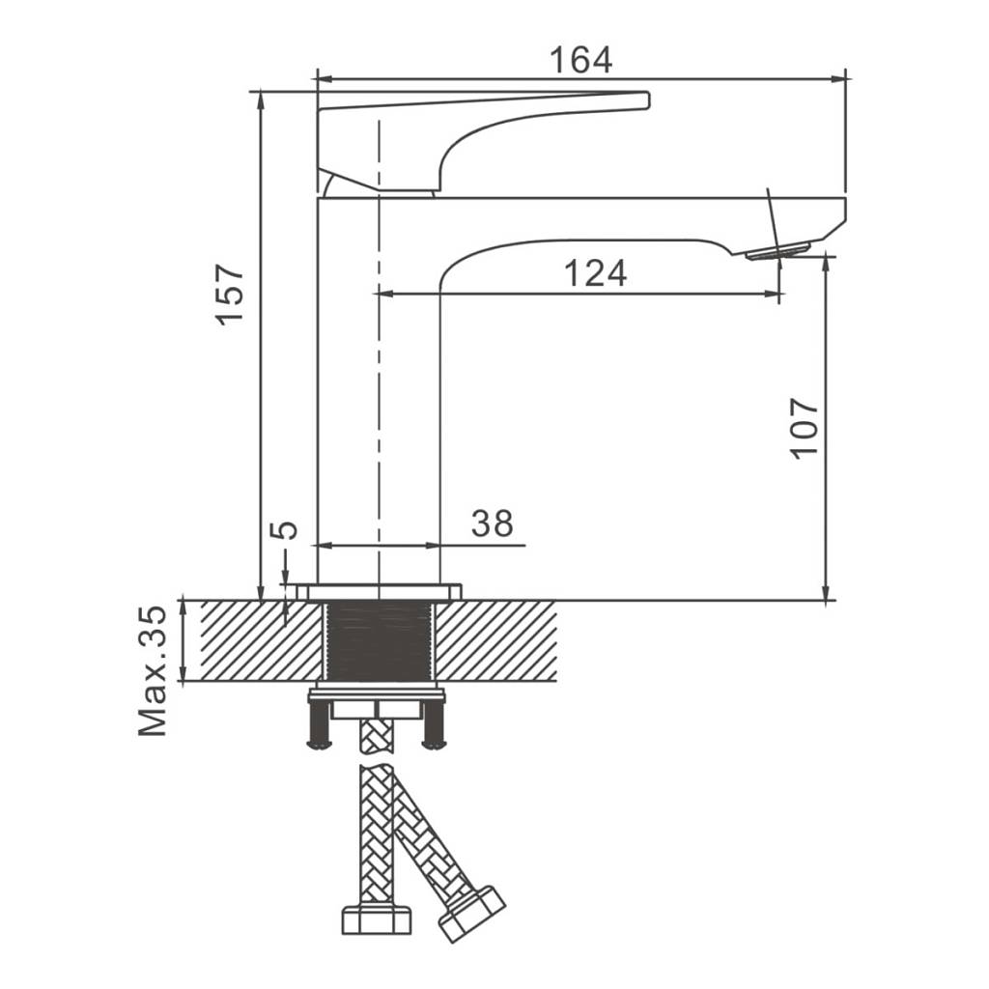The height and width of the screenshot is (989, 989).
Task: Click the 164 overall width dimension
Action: point(580,60)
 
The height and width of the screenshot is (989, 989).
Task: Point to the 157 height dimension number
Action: point(230,295)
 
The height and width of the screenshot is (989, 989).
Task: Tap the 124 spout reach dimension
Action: point(595,273)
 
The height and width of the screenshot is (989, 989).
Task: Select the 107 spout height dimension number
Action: point(804,428)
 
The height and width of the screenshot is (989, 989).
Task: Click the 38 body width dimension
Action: point(492,523)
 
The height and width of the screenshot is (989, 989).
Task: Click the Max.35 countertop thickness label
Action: point(153,671)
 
